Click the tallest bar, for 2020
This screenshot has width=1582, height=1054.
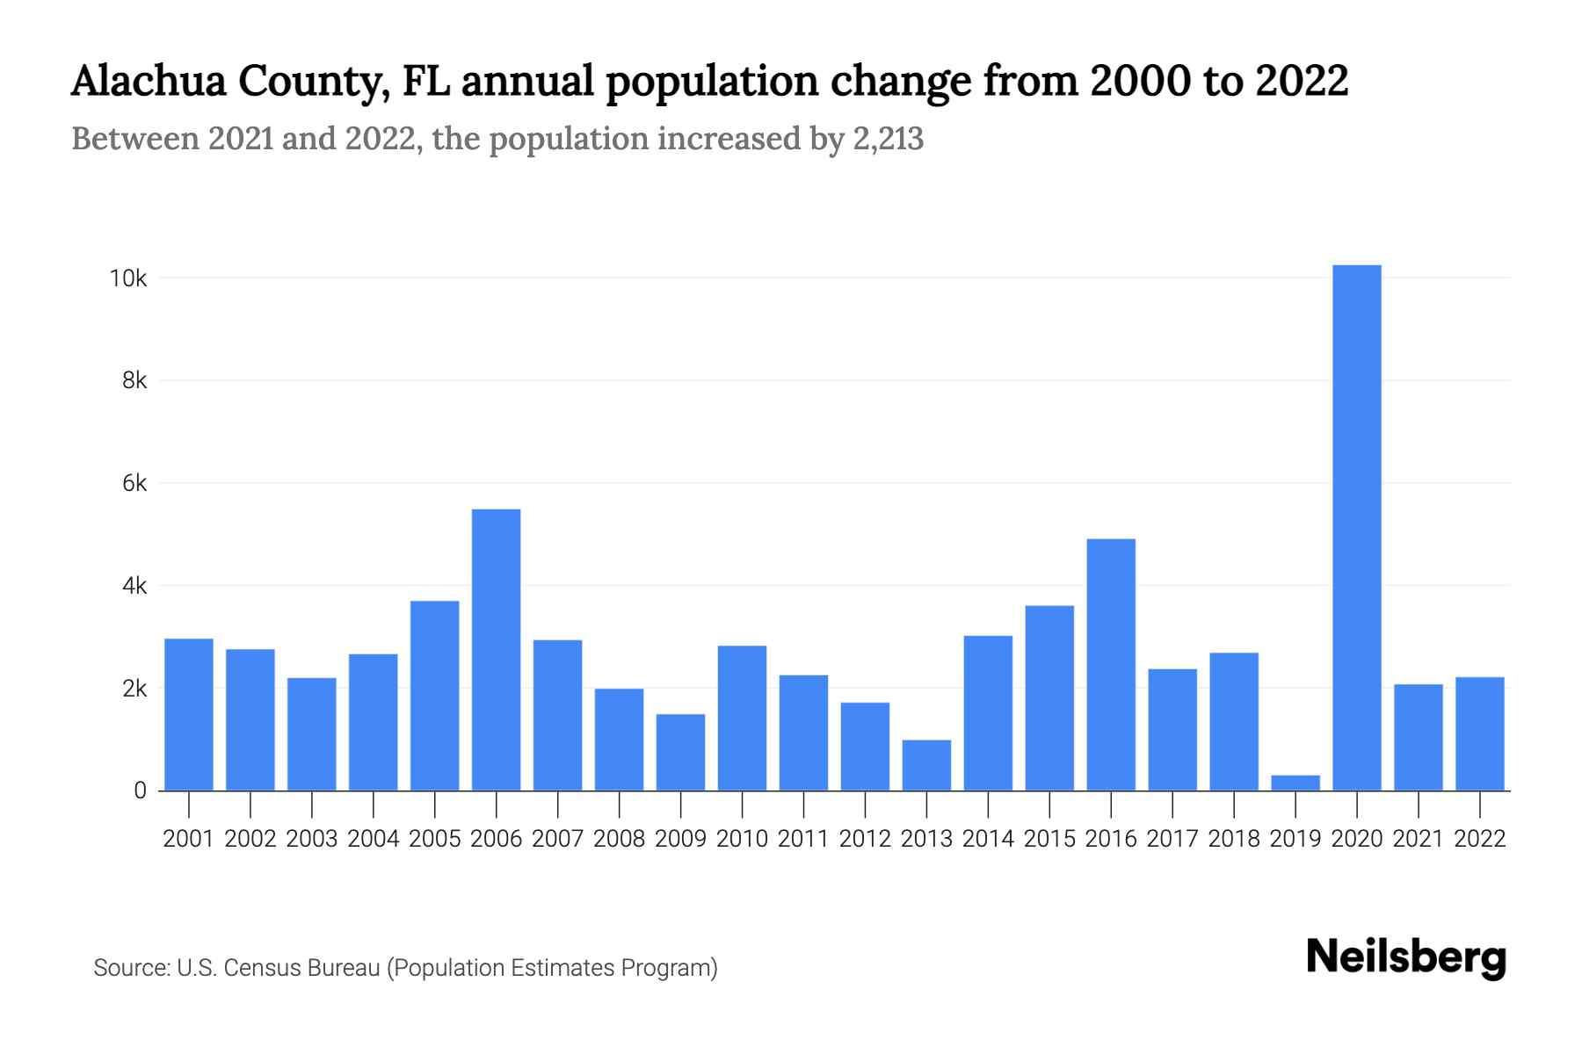pyautogui.click(x=1356, y=527)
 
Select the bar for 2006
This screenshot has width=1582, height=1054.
pyautogui.click(x=496, y=650)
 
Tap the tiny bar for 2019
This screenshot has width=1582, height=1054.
pyautogui.click(x=1295, y=783)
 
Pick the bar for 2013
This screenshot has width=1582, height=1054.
pyautogui.click(x=926, y=765)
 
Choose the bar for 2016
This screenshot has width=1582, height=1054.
pyautogui.click(x=1111, y=665)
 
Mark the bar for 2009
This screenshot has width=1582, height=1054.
pyautogui.click(x=680, y=752)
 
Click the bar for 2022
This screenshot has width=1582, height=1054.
pyautogui.click(x=1479, y=733)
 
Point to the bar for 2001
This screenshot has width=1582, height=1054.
pyautogui.click(x=189, y=714)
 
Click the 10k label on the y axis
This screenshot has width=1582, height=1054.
pyautogui.click(x=127, y=278)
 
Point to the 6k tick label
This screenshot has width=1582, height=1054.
pyautogui.click(x=134, y=483)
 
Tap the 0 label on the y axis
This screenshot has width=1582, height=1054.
pyautogui.click(x=140, y=790)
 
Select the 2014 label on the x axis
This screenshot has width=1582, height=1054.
pyautogui.click(x=988, y=839)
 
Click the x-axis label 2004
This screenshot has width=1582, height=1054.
pyautogui.click(x=374, y=839)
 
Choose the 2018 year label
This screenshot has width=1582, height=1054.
pyautogui.click(x=1234, y=839)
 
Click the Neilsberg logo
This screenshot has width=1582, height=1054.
pyautogui.click(x=1406, y=957)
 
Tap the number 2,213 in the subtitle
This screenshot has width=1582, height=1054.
pyautogui.click(x=888, y=139)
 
